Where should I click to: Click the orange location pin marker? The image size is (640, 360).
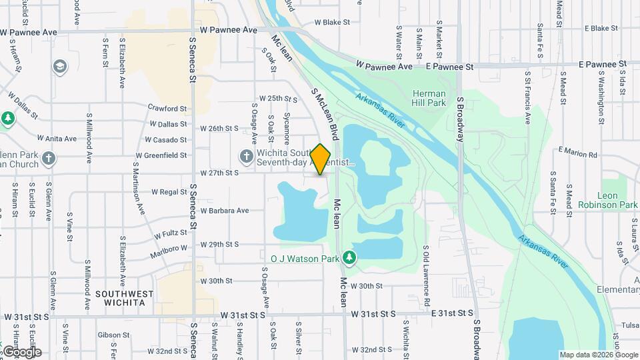click(321, 159)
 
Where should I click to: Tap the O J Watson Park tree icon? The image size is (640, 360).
click(349, 257)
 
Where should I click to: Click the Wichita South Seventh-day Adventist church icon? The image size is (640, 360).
click(246, 156)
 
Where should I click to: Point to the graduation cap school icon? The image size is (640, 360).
click(60, 67)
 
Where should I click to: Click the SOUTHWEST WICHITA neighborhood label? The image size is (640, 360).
click(120, 298)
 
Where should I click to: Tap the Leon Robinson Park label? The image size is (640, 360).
click(607, 200)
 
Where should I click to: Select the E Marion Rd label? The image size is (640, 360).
click(577, 152)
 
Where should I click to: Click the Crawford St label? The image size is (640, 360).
click(167, 108)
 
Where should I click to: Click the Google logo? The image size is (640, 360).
click(21, 352)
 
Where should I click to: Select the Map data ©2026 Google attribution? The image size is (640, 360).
click(599, 355)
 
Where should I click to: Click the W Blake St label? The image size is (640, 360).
click(332, 22)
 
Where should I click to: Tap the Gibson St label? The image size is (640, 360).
click(109, 335)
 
